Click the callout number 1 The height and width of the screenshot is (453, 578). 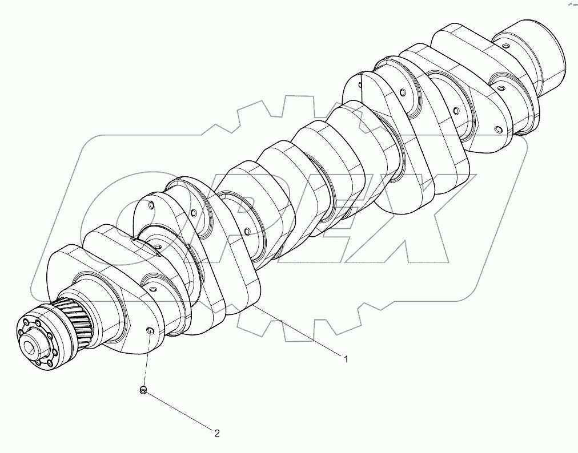(x=346, y=359)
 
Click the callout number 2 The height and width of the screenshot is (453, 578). (x=217, y=433)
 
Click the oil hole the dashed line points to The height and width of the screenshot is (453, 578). (x=150, y=331)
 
